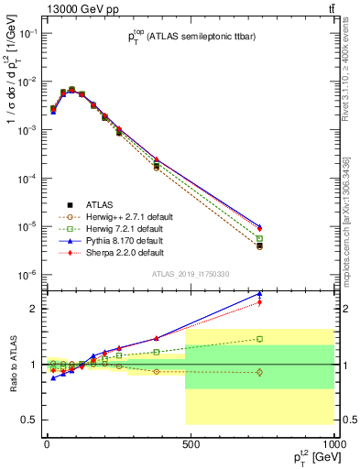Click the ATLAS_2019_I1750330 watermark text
pos(190,274)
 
